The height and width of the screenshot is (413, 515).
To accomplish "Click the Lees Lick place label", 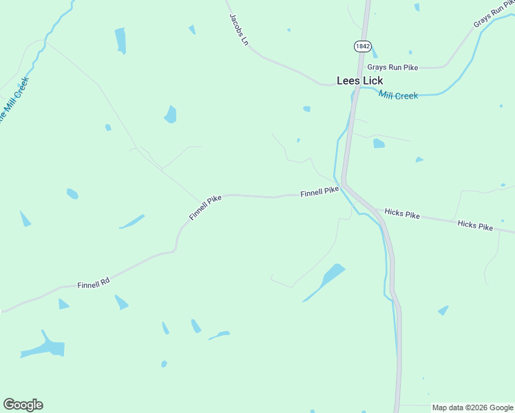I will click(x=359, y=81).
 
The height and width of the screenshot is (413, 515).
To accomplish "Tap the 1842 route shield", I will click(x=363, y=46).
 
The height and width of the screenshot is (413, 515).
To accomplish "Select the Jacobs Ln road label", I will click(x=239, y=29).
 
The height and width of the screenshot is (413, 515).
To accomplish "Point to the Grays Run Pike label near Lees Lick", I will click(x=392, y=67).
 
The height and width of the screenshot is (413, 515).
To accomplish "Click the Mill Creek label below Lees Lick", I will click(x=398, y=96).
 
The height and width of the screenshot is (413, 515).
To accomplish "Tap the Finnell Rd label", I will click(x=94, y=282).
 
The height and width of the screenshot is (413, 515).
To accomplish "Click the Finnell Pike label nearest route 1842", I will click(x=319, y=193).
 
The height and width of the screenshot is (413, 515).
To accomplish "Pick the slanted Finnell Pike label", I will click(x=205, y=207).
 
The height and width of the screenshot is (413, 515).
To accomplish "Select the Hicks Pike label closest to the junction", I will click(x=402, y=214).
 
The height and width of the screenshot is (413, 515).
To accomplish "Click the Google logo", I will click(x=23, y=405).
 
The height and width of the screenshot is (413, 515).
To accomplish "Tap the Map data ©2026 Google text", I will click(x=472, y=407).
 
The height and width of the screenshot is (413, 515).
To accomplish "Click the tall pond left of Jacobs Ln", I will click(x=120, y=41).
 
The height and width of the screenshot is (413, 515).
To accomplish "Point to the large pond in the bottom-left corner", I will click(x=45, y=348).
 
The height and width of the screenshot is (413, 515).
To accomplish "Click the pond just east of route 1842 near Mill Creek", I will click(x=379, y=143).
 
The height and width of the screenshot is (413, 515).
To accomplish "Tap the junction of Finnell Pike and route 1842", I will click(x=344, y=184).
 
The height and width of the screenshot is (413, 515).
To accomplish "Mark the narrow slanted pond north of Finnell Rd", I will click(x=132, y=222).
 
